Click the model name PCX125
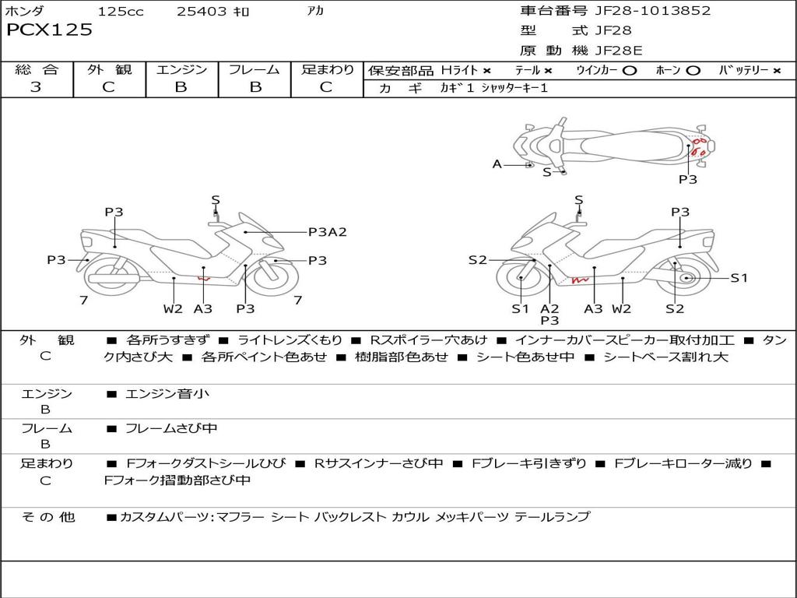click(x=49, y=30)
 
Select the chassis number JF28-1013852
click(x=653, y=10)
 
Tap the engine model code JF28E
click(x=619, y=51)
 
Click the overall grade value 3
click(x=36, y=86)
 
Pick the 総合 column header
click(x=37, y=69)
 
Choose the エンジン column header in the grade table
click(x=181, y=69)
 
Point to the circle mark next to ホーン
click(x=693, y=71)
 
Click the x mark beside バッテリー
click(x=777, y=71)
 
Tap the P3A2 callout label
click(x=328, y=232)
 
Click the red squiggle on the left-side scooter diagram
click(x=204, y=278)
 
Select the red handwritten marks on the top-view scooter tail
click(x=700, y=147)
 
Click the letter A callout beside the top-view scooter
click(x=497, y=164)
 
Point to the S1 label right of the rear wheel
click(x=739, y=278)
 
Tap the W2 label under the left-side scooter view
click(x=173, y=308)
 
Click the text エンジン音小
click(x=167, y=393)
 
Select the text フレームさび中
click(x=171, y=429)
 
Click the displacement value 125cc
click(x=121, y=11)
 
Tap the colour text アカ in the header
click(x=315, y=10)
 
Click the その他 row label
click(x=48, y=517)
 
